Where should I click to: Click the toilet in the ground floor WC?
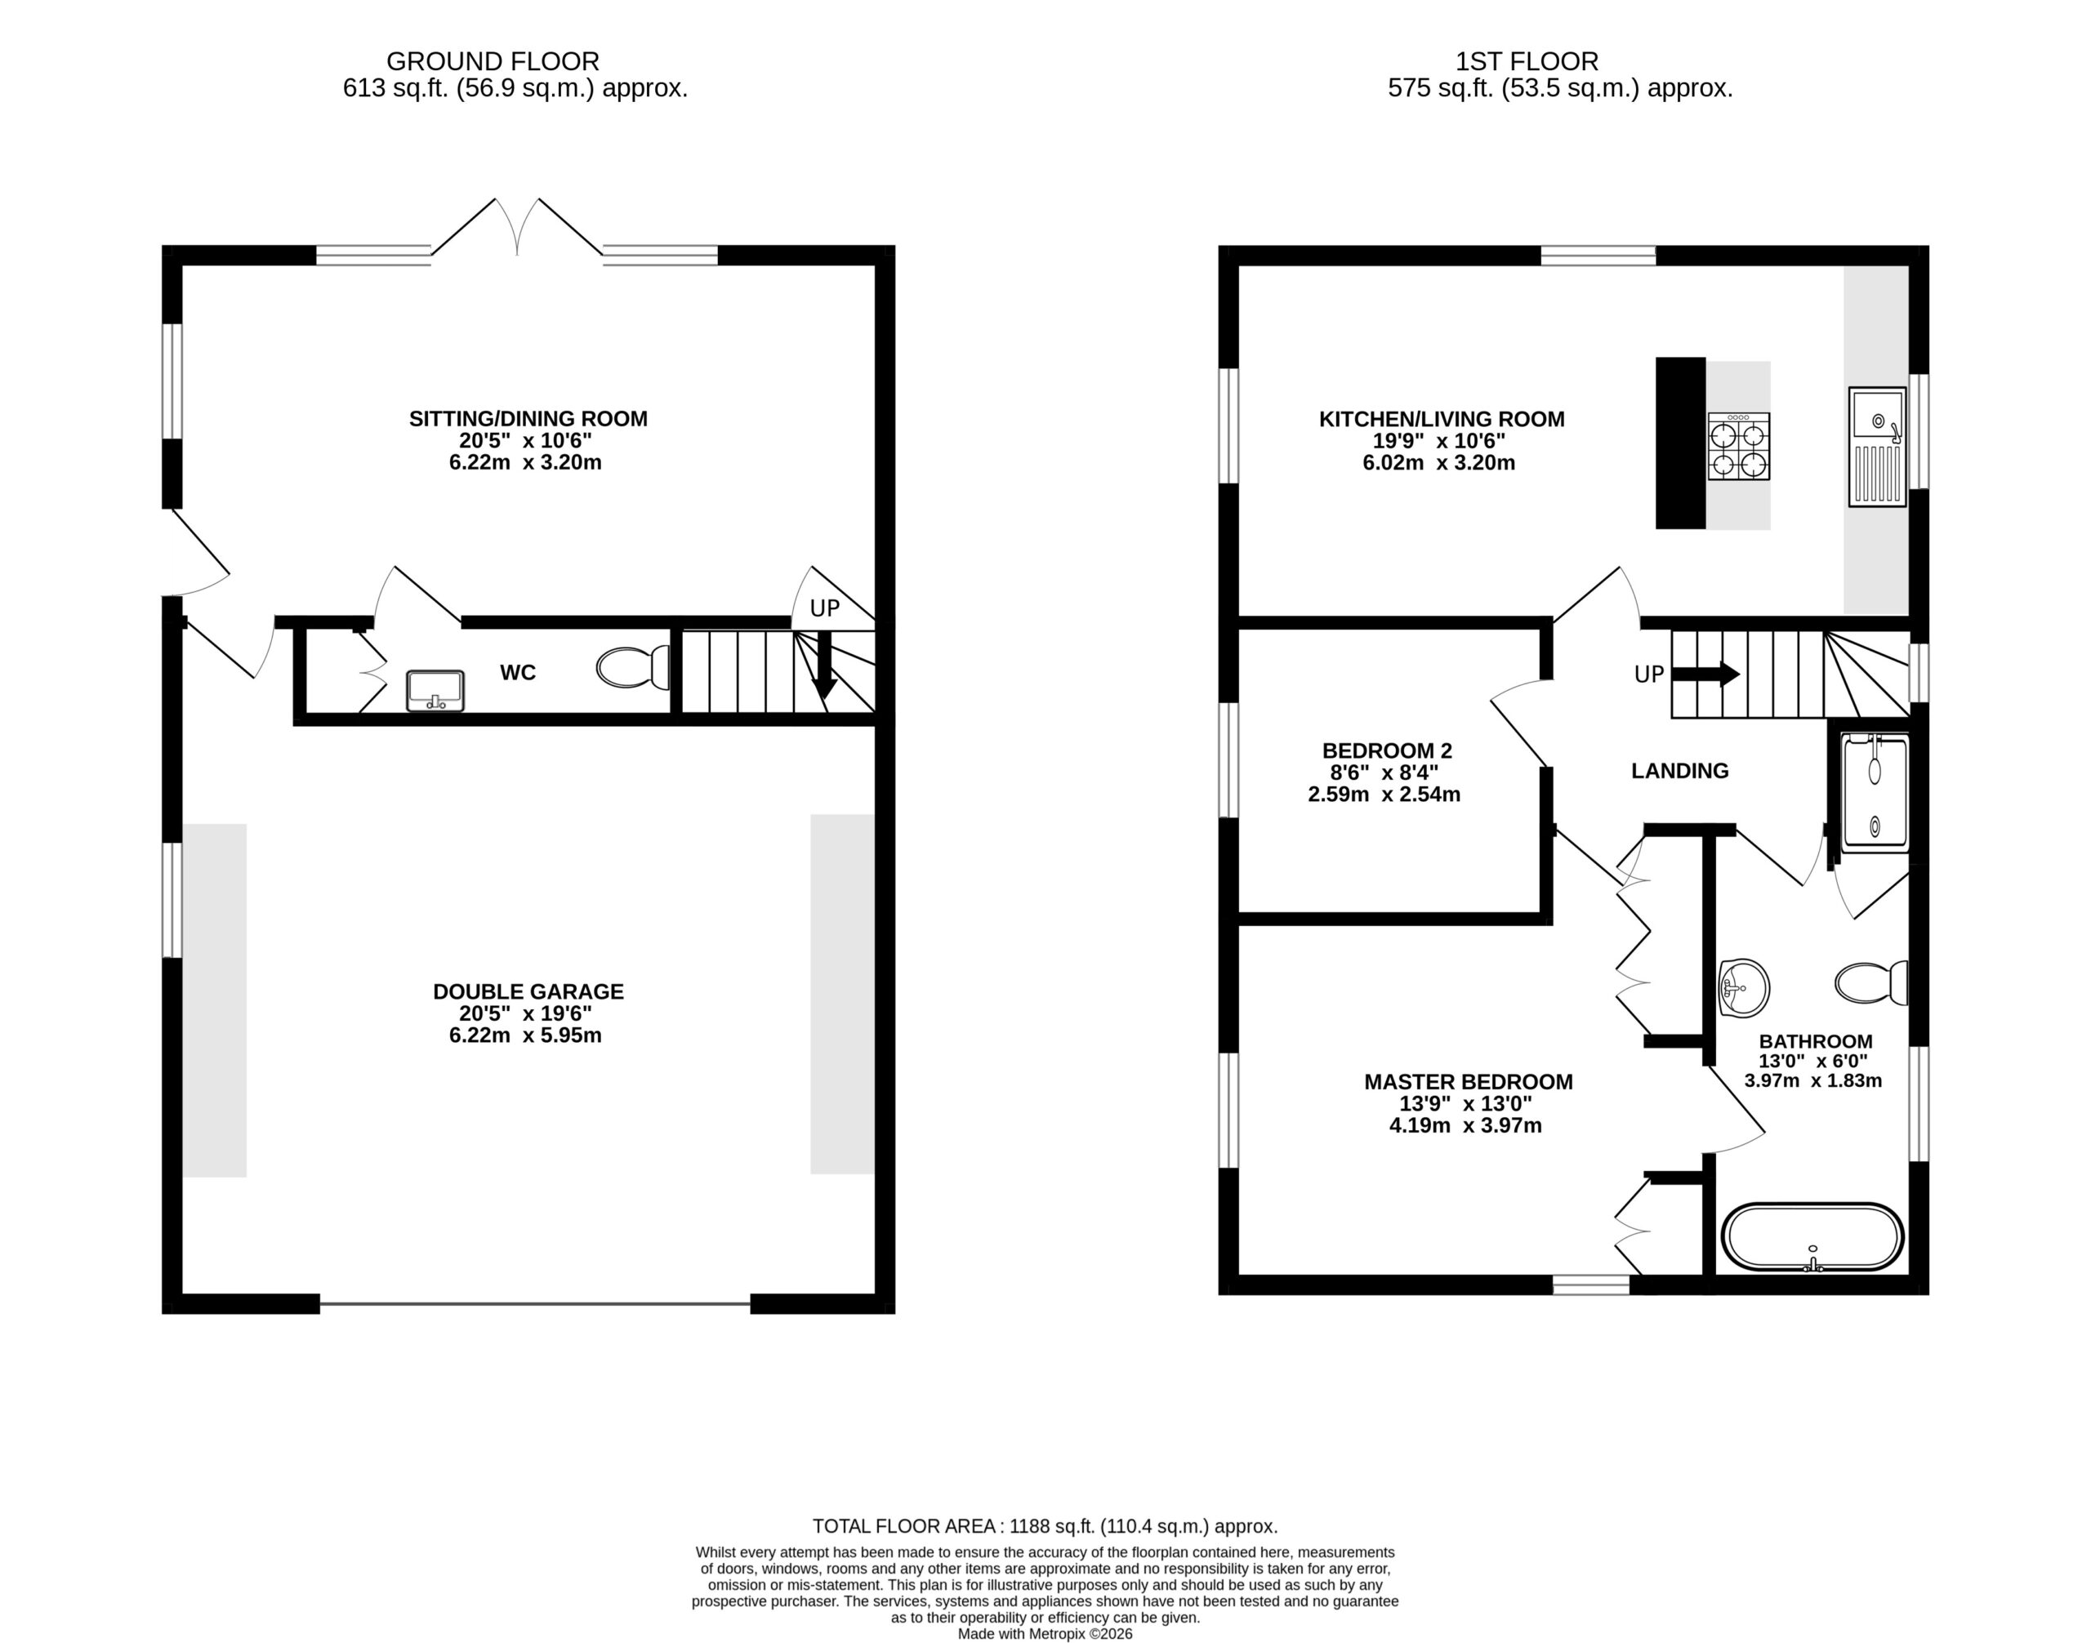tap(633, 668)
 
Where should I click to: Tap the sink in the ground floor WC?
tap(435, 691)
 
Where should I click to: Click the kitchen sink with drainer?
tap(1876, 447)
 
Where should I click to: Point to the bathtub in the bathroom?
tap(1812, 1237)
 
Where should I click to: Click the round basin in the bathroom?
tap(1743, 988)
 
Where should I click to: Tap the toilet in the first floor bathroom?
tap(1871, 983)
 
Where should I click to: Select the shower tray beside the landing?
tap(1875, 795)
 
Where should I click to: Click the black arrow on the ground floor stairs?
tap(823, 666)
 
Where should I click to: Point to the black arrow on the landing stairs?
tap(1705, 675)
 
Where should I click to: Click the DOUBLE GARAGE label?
tap(528, 992)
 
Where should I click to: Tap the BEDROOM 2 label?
tap(1387, 751)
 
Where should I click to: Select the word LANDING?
tap(1680, 771)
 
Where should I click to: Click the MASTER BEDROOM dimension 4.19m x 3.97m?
tap(1465, 1125)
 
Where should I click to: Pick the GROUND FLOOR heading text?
tap(493, 61)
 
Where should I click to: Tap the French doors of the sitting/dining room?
tap(518, 228)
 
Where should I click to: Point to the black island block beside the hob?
tap(1680, 443)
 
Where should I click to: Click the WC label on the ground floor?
tap(518, 672)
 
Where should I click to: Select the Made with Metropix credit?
tap(1045, 1633)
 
